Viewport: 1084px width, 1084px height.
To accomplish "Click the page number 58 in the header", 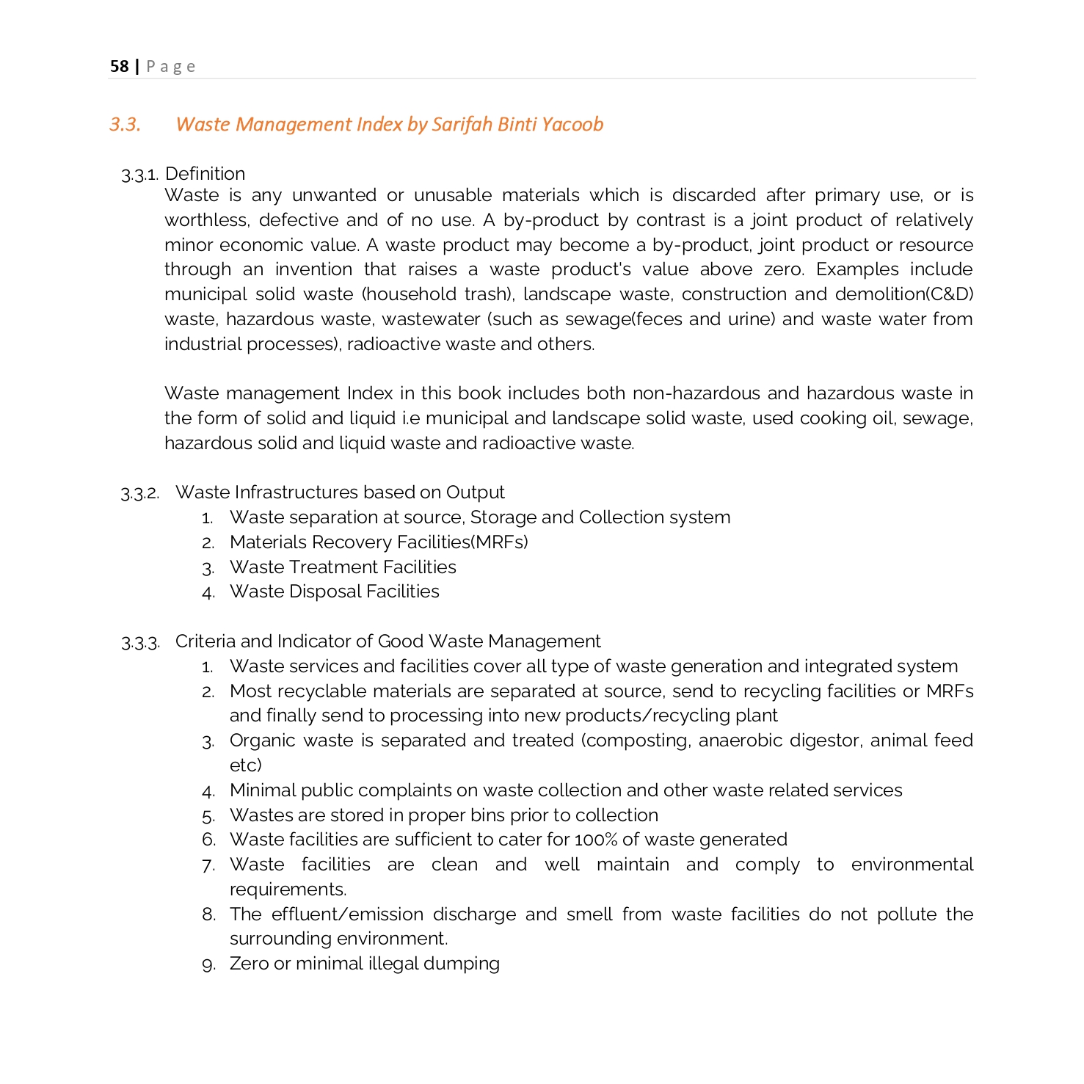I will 119,67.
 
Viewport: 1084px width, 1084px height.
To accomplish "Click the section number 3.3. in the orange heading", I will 125,125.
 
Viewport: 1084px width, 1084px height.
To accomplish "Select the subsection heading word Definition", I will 205,174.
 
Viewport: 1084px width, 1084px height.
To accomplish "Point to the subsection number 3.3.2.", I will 139,493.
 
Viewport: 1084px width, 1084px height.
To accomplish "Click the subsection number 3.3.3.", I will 139,643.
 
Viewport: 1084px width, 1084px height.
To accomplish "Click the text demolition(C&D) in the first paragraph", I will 903,294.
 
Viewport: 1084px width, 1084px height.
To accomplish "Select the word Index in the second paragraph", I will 370,393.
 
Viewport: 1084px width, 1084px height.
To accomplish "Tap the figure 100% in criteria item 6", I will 594,840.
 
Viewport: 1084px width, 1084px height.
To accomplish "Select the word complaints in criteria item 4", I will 405,790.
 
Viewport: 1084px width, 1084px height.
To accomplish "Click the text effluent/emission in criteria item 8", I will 347,914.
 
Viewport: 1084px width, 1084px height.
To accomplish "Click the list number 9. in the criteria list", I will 209,964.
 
